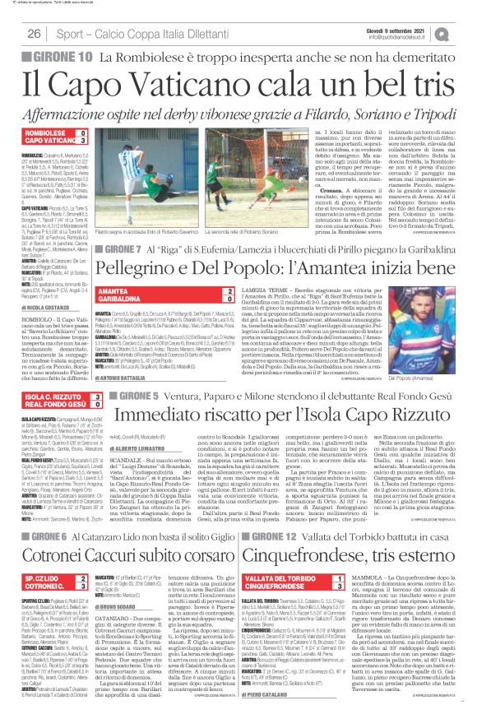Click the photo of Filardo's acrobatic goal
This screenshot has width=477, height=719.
pos(169,165)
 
